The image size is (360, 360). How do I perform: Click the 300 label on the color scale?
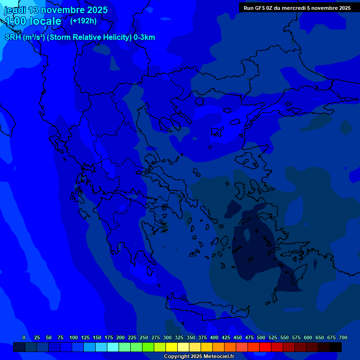(x=167, y=337)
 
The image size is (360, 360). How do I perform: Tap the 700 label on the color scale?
(x=343, y=337)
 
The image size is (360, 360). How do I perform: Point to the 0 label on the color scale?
(x=24, y=337)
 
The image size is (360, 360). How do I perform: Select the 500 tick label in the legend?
(x=261, y=337)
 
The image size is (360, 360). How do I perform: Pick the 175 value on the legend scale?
(x=109, y=337)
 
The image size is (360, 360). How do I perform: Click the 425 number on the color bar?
(x=226, y=337)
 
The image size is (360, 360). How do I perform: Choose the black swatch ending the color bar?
(x=336, y=347)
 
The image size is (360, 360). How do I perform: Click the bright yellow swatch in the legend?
(x=172, y=347)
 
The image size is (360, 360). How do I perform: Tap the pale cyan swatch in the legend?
(x=113, y=347)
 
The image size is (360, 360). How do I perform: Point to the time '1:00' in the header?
(x=15, y=21)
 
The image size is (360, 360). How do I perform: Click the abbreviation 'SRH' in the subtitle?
(x=13, y=37)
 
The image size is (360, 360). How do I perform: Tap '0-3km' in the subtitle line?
(x=144, y=37)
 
